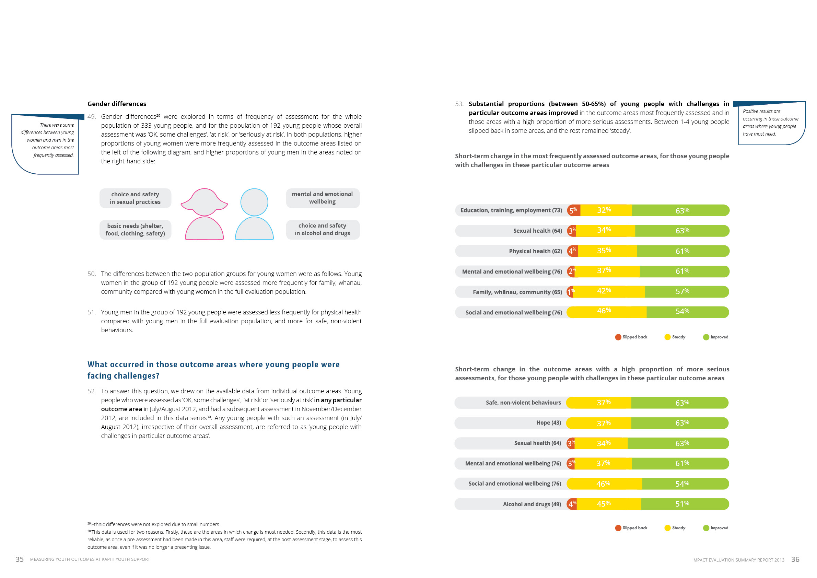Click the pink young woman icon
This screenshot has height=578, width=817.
pyautogui.click(x=204, y=214)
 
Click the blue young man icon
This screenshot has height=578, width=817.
pyautogui.click(x=254, y=214)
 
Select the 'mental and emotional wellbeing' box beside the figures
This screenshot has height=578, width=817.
pyautogui.click(x=323, y=198)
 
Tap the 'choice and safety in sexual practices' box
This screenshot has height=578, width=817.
pyautogui.click(x=135, y=198)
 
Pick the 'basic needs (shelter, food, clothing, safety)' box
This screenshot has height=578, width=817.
pyautogui.click(x=135, y=230)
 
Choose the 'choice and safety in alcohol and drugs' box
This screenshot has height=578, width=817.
pyautogui.click(x=323, y=230)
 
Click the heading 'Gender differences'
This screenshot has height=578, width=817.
pyautogui.click(x=117, y=104)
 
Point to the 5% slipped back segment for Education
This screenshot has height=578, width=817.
pyautogui.click(x=573, y=210)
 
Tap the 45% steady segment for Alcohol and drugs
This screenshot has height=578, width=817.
pyautogui.click(x=608, y=504)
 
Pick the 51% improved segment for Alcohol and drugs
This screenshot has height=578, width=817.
pyautogui.click(x=685, y=504)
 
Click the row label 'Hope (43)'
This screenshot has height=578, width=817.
pyautogui.click(x=548, y=423)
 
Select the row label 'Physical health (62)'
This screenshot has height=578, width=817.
pyautogui.click(x=535, y=251)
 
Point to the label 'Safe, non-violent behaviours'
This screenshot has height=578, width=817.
pyautogui.click(x=523, y=403)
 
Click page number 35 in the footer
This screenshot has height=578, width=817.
pyautogui.click(x=20, y=559)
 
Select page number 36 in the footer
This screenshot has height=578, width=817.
pyautogui.click(x=795, y=559)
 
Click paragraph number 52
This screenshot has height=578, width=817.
pyautogui.click(x=92, y=391)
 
